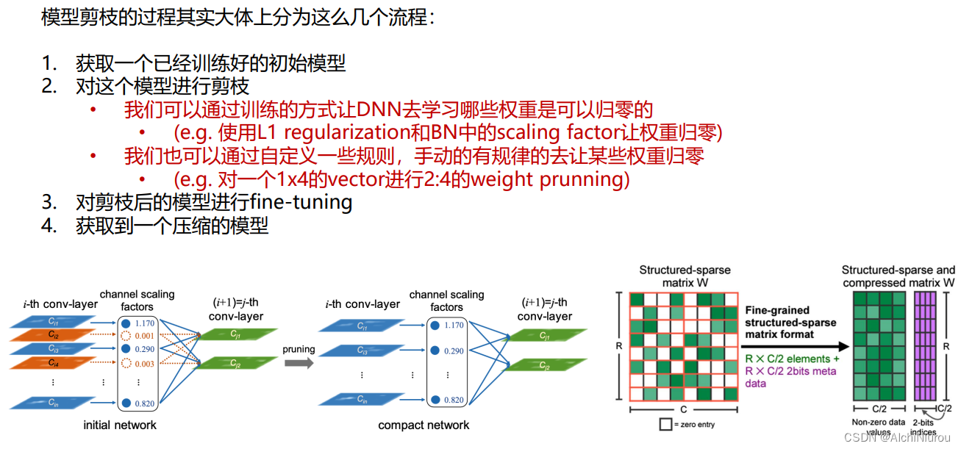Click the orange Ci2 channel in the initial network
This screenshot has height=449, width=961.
[x=54, y=334]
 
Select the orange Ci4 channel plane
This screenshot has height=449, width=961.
[x=54, y=362]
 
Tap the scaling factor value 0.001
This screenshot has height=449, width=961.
[x=145, y=335]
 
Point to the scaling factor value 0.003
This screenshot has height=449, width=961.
[x=145, y=363]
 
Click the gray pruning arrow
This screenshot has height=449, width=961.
[x=298, y=363]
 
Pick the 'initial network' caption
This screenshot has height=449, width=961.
[x=120, y=425]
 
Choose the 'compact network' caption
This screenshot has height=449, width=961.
[x=424, y=425]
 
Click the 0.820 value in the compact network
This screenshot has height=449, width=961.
[x=454, y=400]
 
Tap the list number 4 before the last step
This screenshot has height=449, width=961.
[x=49, y=225]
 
